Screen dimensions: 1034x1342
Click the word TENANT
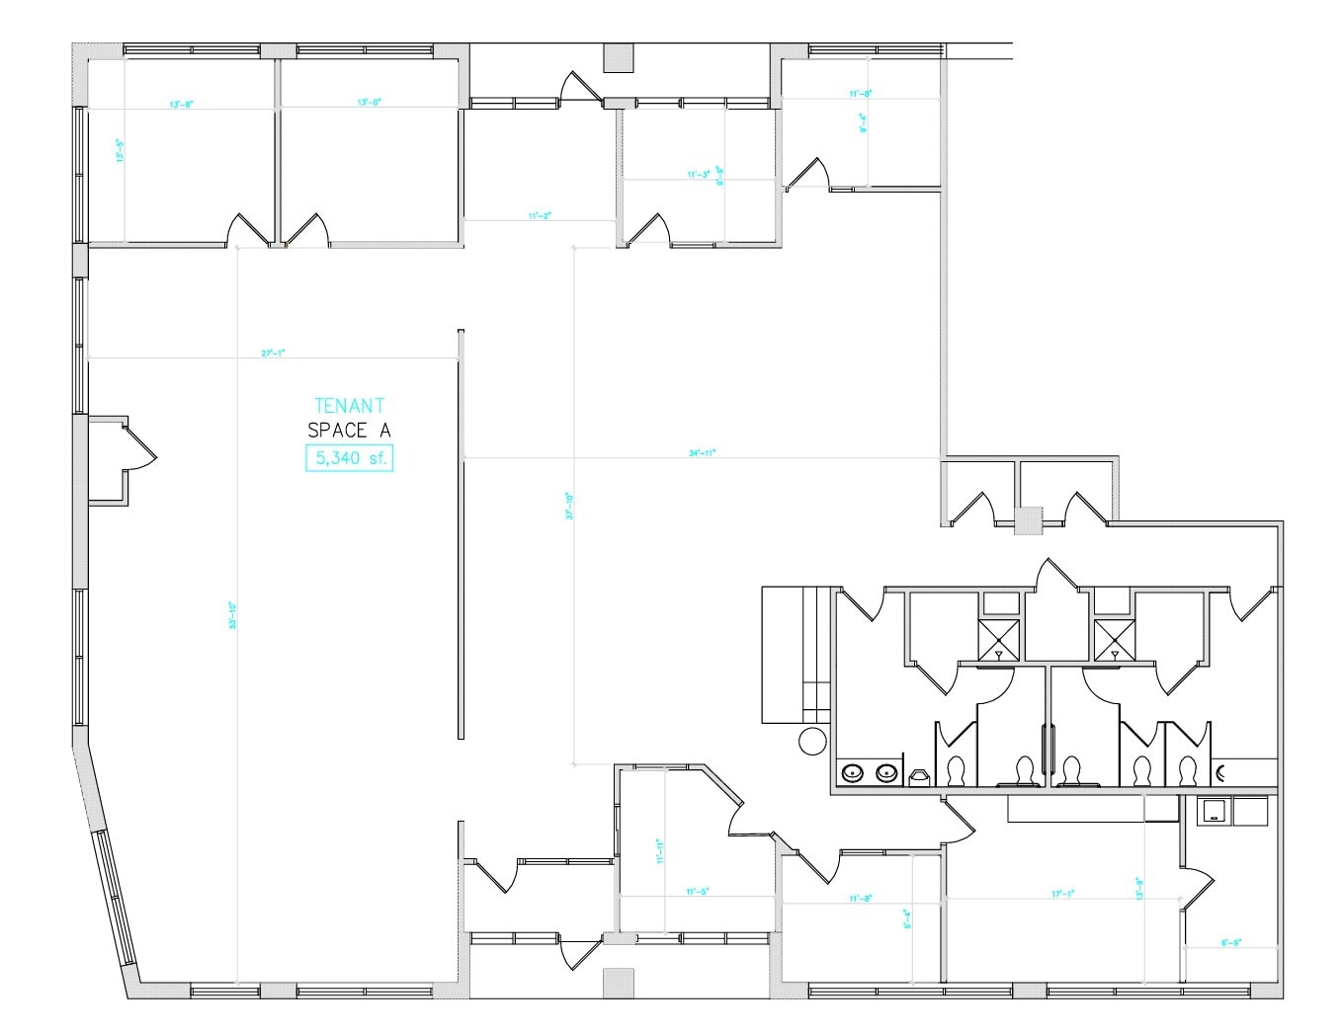coord(349,405)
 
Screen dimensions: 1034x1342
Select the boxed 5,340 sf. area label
coord(349,458)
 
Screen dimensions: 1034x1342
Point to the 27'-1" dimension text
coord(274,353)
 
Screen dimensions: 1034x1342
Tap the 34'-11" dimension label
coord(702,453)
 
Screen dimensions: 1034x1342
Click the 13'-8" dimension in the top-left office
coord(180,103)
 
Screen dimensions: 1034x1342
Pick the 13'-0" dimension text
coord(369,102)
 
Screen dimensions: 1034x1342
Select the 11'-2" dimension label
coord(539,215)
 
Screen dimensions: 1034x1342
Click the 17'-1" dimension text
coord(1063,894)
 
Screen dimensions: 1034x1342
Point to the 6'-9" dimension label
coord(1230,943)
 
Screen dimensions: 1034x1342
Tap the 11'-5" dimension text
coord(698,892)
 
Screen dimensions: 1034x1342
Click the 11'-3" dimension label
coord(699,175)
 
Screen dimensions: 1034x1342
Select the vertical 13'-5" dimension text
coord(120,150)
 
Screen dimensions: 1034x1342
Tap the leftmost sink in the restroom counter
coord(851,773)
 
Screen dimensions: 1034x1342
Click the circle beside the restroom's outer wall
coord(812,741)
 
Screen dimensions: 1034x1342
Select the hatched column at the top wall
coord(618,58)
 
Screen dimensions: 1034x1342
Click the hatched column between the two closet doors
coord(1029,519)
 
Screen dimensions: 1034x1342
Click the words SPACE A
coord(349,430)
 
